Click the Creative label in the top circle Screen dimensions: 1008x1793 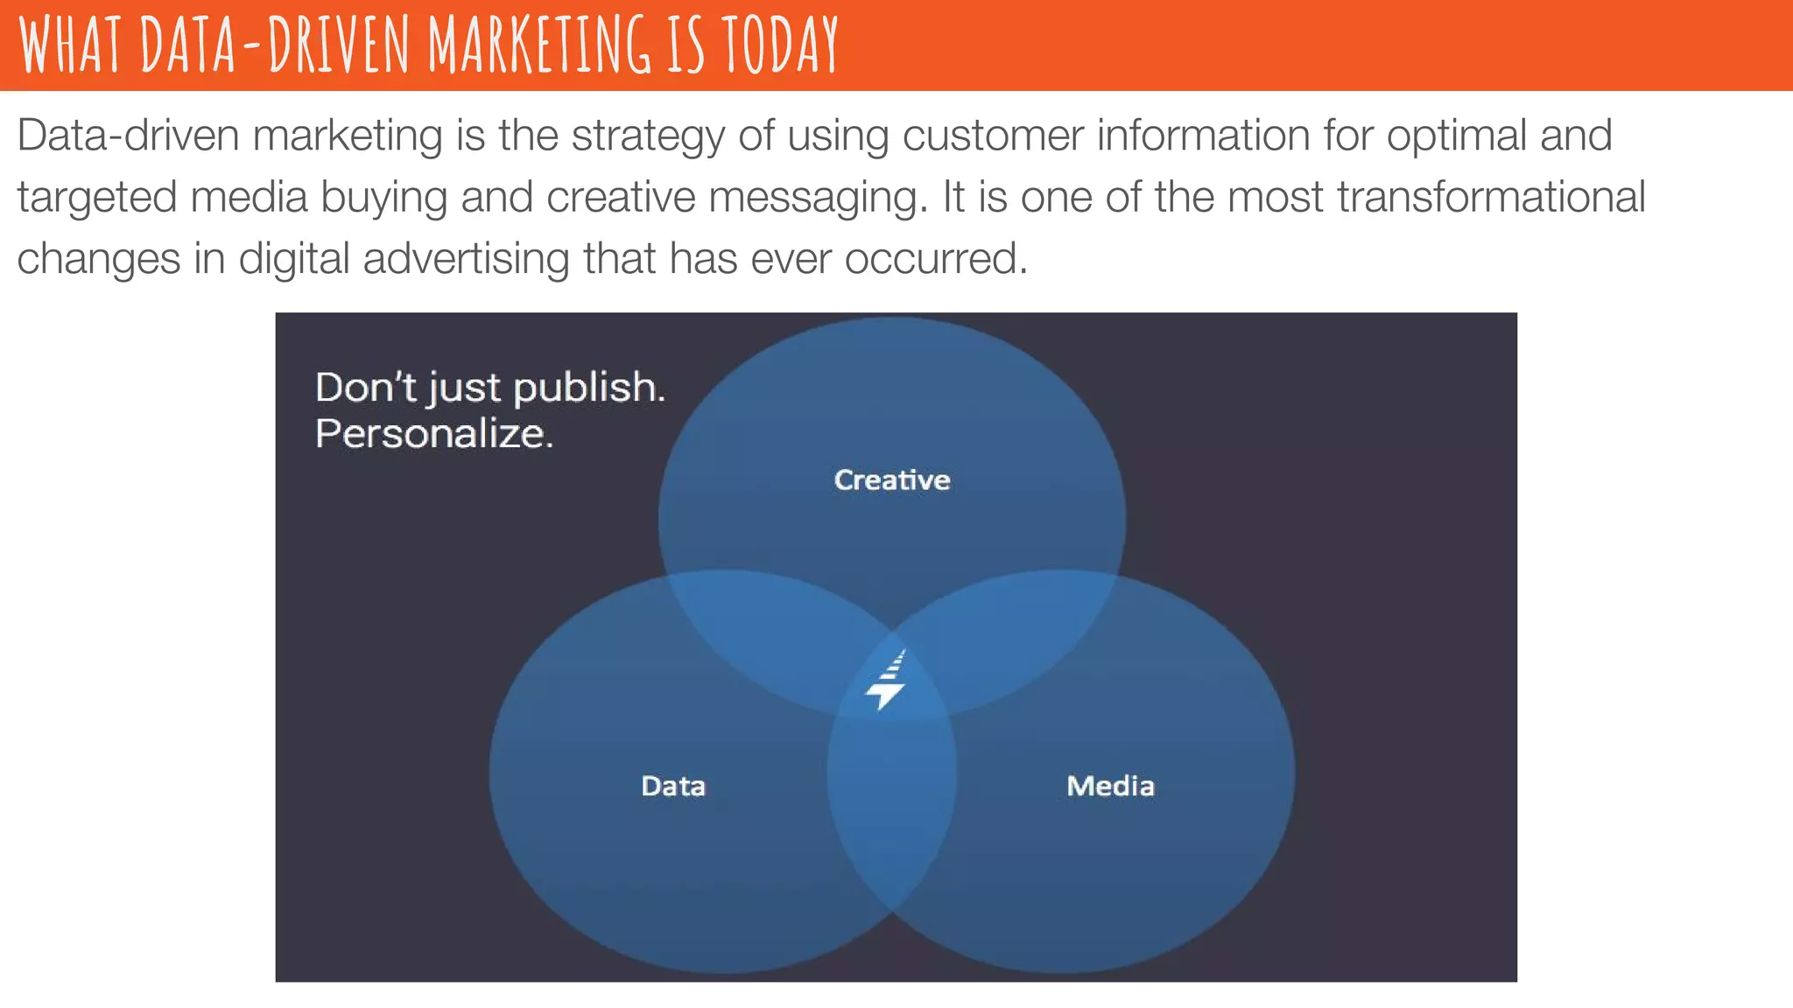point(891,479)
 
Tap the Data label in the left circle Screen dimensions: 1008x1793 point(672,786)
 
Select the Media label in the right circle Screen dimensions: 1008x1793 point(1110,786)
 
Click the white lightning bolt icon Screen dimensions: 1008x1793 point(887,682)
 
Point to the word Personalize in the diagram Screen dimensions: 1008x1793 point(433,433)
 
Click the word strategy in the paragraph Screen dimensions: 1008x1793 point(648,136)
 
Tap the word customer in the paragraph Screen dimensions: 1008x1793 point(992,136)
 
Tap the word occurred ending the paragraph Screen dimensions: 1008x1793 point(935,259)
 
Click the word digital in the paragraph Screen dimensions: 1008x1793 point(293,260)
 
